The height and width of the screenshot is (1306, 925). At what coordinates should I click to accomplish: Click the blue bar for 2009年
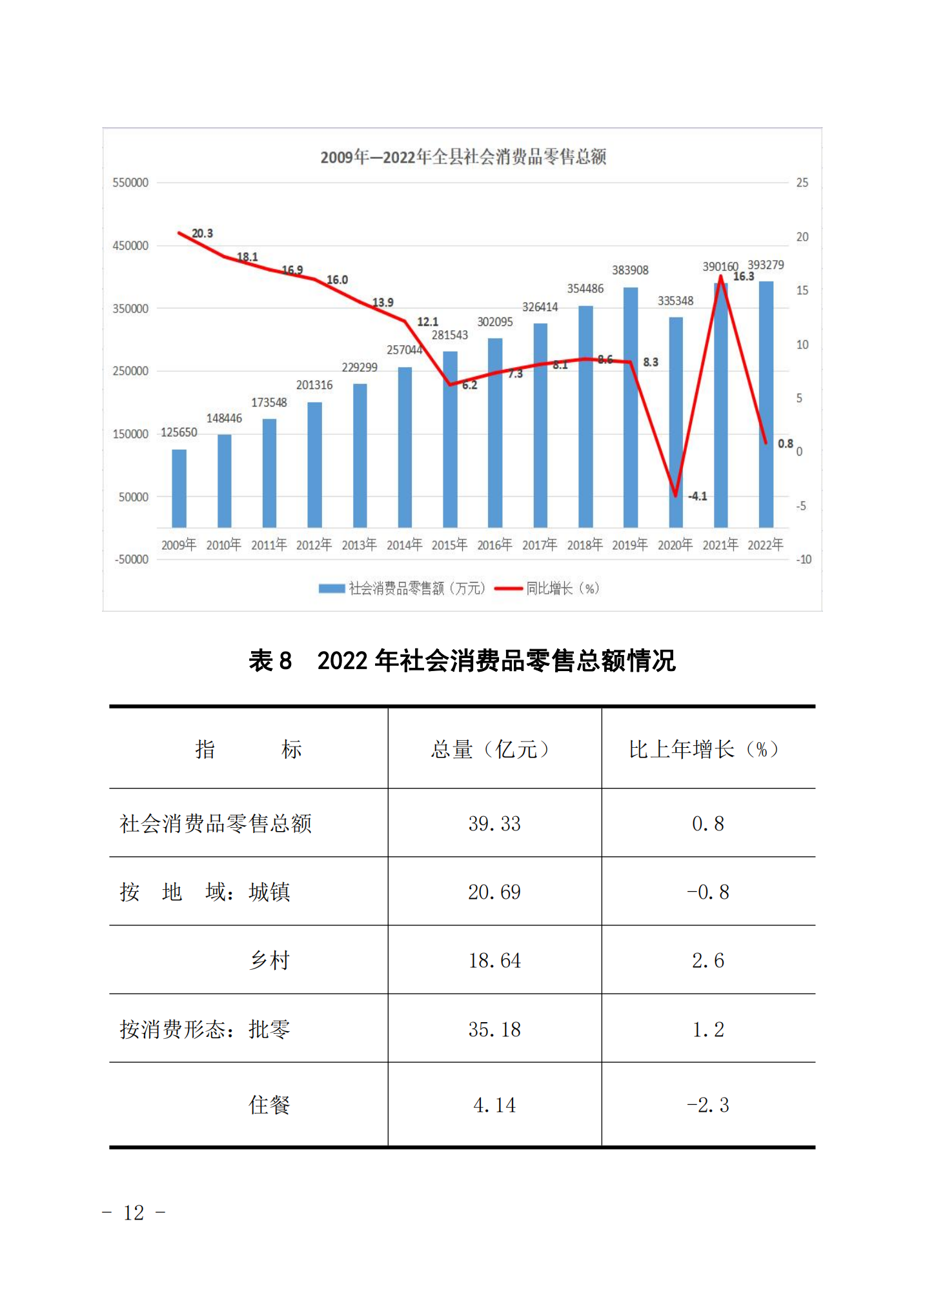point(179,488)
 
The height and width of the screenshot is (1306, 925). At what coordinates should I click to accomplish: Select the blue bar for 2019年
point(630,407)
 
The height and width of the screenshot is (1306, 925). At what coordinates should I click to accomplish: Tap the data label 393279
point(766,265)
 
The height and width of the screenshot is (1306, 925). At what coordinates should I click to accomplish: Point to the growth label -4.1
point(697,496)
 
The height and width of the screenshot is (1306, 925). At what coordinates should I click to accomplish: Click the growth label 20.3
point(202,234)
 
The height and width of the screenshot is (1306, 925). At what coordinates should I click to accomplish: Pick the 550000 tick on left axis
point(130,183)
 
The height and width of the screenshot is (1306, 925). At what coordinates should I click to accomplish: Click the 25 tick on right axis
point(802,183)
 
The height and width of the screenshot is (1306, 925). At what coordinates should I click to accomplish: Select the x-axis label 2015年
point(449,545)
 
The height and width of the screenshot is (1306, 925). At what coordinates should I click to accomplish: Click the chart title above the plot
point(463,157)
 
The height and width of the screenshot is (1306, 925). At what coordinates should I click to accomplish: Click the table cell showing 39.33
point(494,823)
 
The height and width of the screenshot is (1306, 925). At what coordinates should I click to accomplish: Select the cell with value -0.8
point(707,892)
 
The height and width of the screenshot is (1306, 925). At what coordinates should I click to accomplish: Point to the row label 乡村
point(270,960)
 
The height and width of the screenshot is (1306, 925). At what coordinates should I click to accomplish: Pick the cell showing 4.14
point(494,1105)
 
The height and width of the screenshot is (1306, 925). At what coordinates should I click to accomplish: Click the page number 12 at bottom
point(134,1213)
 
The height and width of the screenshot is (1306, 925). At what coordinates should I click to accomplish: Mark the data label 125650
point(179,432)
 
